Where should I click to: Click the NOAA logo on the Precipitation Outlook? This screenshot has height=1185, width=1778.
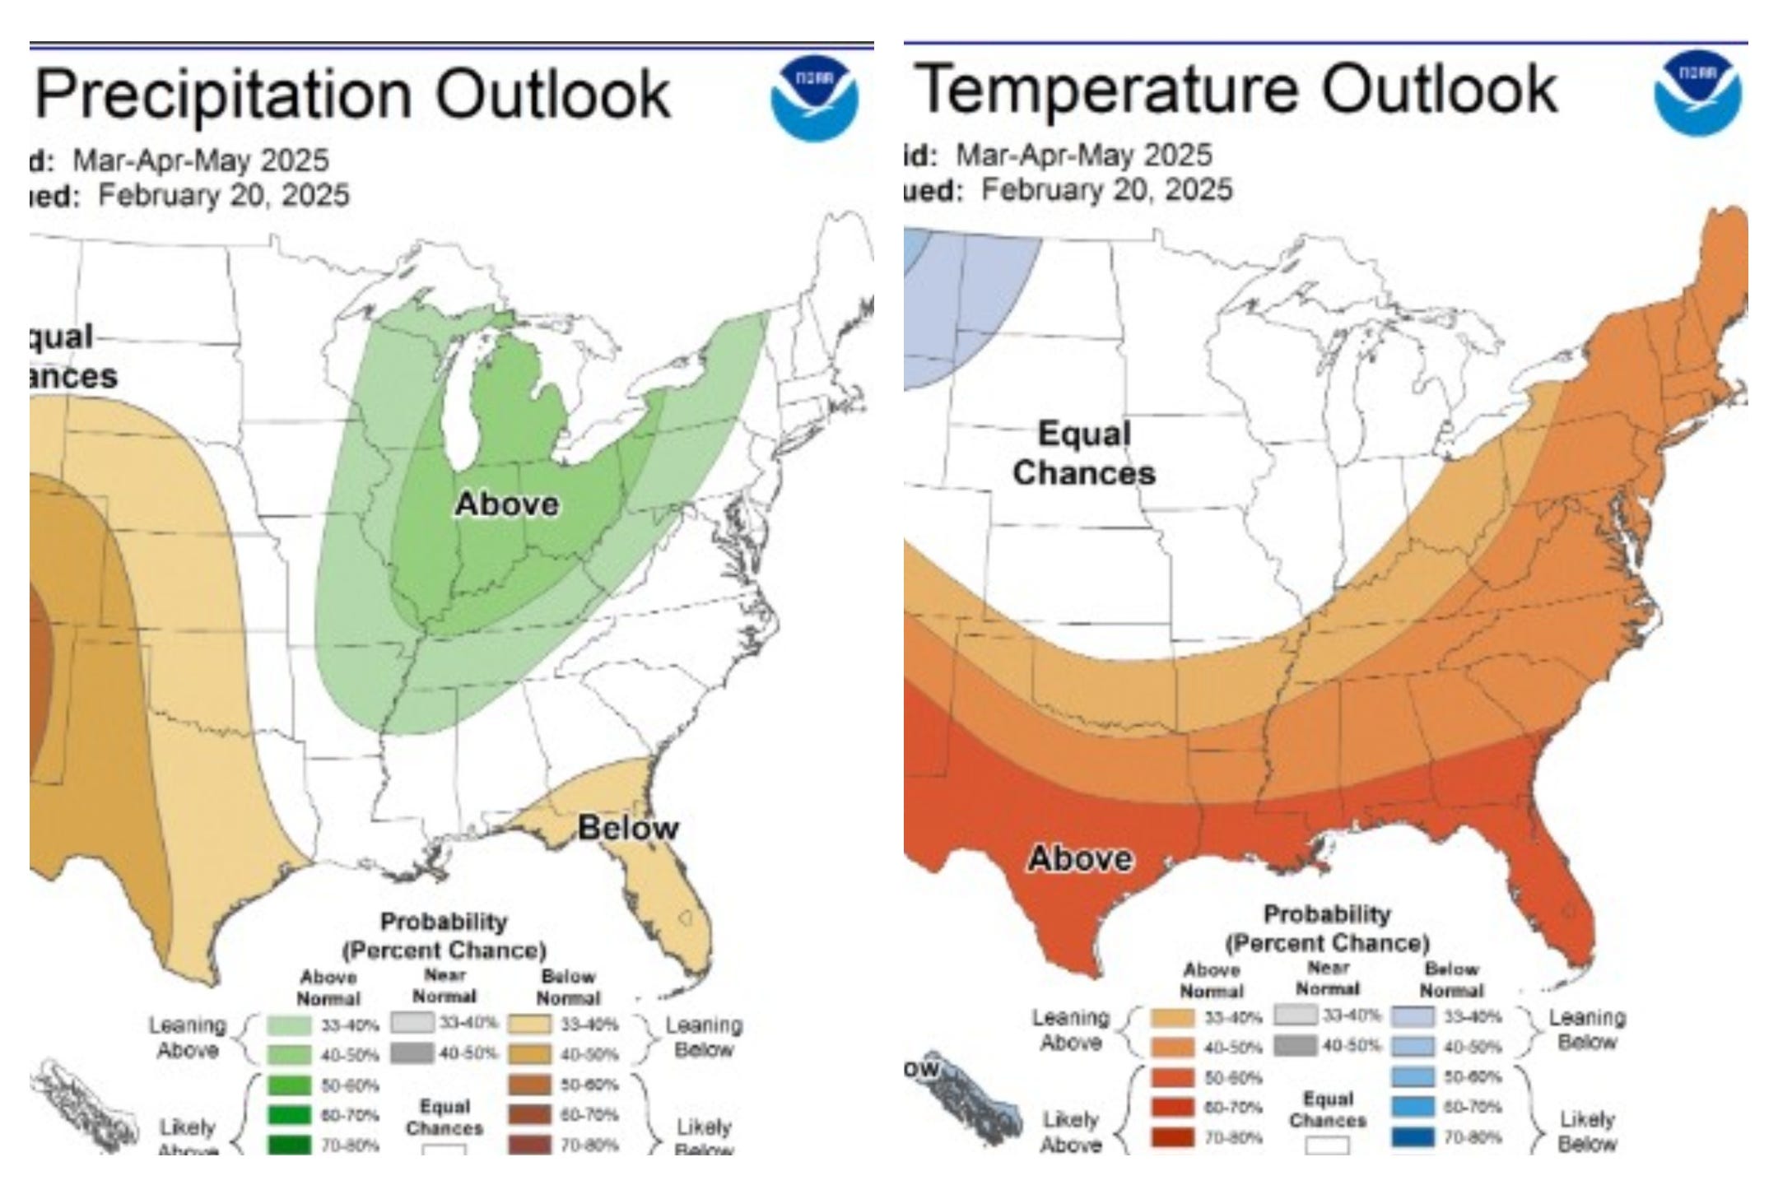tap(814, 98)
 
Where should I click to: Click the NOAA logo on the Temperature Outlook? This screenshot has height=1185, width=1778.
tap(1697, 92)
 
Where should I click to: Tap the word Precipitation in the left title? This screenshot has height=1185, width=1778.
tap(223, 94)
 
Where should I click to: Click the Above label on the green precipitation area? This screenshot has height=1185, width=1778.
tap(506, 504)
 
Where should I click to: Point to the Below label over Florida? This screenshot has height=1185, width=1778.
tap(628, 827)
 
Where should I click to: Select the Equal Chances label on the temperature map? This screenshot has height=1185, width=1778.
tap(1083, 453)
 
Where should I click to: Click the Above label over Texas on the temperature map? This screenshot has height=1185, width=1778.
tap(1080, 858)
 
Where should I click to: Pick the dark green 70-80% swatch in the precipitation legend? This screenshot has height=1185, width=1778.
tap(290, 1145)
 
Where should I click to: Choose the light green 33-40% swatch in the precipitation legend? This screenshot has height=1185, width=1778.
tap(290, 1025)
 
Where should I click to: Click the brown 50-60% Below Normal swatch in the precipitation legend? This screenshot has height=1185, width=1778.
tap(529, 1085)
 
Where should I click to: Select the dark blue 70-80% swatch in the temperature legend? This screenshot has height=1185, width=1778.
tap(1413, 1137)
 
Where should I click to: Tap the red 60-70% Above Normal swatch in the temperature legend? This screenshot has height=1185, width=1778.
tap(1173, 1107)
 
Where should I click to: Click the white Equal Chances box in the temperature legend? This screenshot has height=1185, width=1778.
tap(1327, 1145)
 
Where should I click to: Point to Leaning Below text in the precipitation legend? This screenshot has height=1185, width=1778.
tap(704, 1037)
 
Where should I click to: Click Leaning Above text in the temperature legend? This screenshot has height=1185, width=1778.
tap(1070, 1029)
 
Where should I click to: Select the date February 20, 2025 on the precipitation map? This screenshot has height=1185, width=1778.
tap(224, 196)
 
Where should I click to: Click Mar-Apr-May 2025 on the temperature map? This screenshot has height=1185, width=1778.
tap(1083, 155)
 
